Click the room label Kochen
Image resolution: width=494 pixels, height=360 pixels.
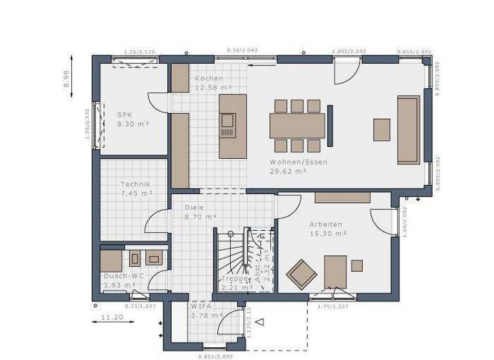click(x=210, y=78)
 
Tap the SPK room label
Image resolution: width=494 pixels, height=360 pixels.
click(x=125, y=114)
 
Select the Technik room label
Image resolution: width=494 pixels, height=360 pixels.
click(x=135, y=184)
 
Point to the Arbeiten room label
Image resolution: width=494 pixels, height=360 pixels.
click(x=325, y=224)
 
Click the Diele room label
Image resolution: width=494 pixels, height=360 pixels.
click(x=194, y=208)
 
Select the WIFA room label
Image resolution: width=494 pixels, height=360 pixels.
click(x=201, y=307)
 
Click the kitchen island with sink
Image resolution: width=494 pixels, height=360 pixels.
click(x=232, y=126)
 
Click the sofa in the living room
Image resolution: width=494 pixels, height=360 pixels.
click(x=408, y=129)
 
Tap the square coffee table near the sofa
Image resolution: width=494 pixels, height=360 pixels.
click(x=382, y=129)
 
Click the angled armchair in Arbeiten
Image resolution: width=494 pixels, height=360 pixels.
click(x=301, y=274)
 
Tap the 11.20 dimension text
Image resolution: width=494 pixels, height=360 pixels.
click(x=112, y=317)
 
